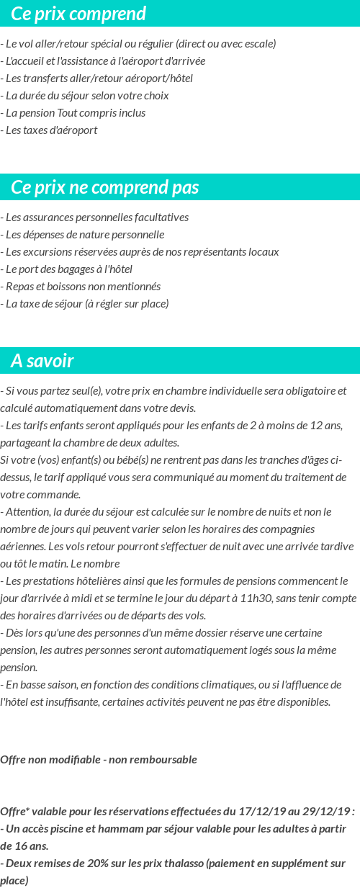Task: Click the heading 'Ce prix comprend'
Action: (78, 14)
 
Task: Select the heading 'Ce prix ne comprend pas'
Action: (105, 188)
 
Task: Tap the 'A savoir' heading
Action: (42, 361)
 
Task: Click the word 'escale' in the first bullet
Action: (257, 44)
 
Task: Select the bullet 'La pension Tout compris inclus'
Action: (75, 113)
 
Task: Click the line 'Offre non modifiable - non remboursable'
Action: (99, 760)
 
